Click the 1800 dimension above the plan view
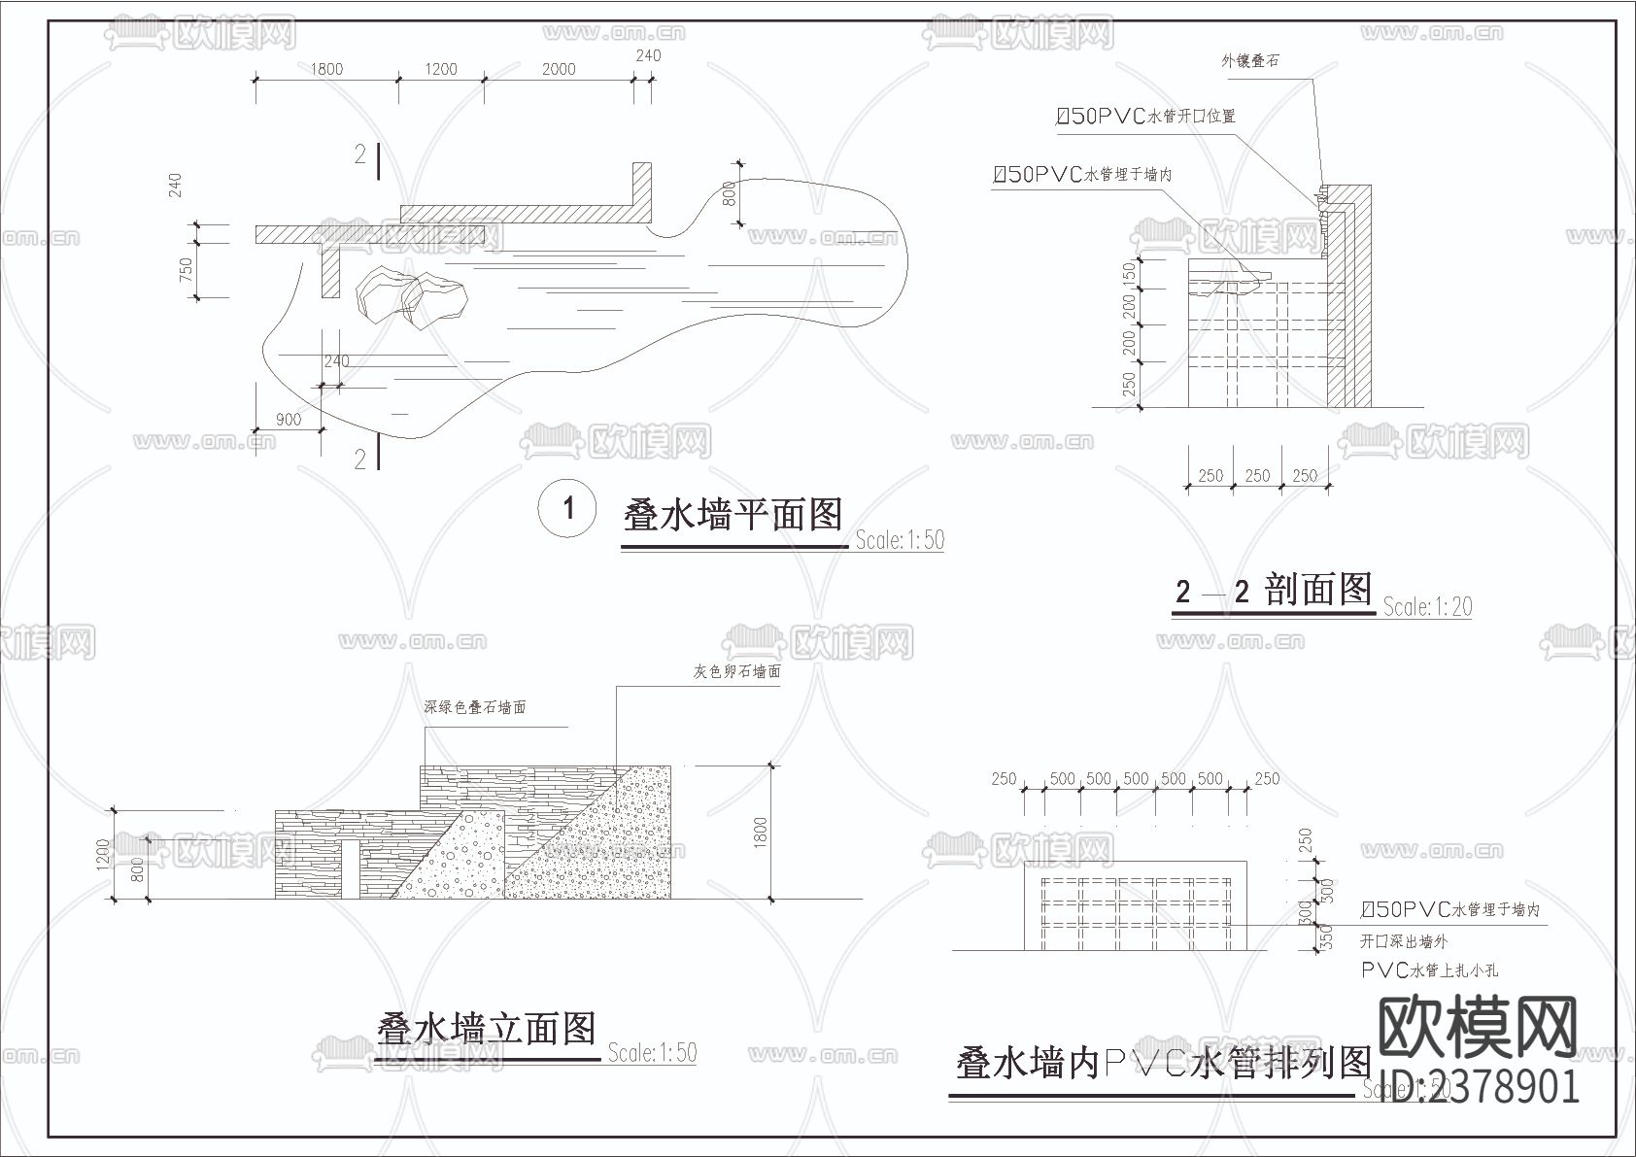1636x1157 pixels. pyautogui.click(x=326, y=69)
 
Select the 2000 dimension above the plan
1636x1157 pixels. pyautogui.click(x=558, y=69)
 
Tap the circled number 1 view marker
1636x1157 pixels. pyautogui.click(x=568, y=509)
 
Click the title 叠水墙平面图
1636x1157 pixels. pyautogui.click(x=733, y=515)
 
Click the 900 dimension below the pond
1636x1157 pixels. pyautogui.click(x=288, y=420)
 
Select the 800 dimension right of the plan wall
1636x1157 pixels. pyautogui.click(x=730, y=202)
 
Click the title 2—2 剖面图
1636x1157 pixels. pyautogui.click(x=1273, y=590)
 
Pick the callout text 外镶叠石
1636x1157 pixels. pyautogui.click(x=1249, y=61)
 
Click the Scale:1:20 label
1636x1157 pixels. pyautogui.click(x=1427, y=608)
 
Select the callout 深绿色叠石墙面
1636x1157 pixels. pyautogui.click(x=475, y=707)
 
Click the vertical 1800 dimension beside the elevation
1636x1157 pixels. pyautogui.click(x=761, y=832)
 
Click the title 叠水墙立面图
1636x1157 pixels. pyautogui.click(x=486, y=1028)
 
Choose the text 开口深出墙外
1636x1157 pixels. pyautogui.click(x=1404, y=941)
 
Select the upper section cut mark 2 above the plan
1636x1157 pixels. pyautogui.click(x=360, y=154)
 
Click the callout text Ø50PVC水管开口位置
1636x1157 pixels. pyautogui.click(x=1145, y=117)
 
